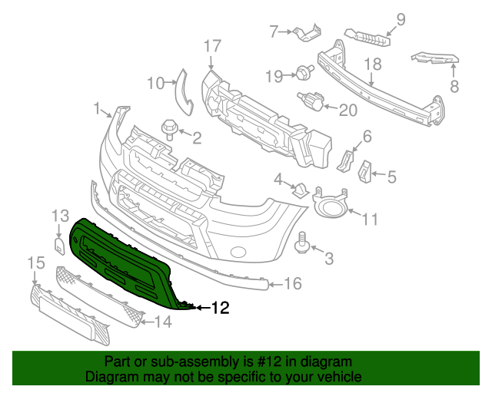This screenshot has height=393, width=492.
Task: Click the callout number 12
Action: pyautogui.click(x=220, y=309)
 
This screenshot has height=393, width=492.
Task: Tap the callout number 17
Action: pyautogui.click(x=213, y=46)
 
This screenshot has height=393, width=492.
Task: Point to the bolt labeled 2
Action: pyautogui.click(x=168, y=127)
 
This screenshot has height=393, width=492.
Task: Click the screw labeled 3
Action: pyautogui.click(x=302, y=243)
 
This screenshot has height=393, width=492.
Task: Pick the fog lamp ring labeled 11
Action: pyautogui.click(x=331, y=206)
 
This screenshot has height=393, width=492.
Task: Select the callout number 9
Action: pyautogui.click(x=400, y=19)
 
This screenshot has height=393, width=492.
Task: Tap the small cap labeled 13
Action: pyautogui.click(x=58, y=245)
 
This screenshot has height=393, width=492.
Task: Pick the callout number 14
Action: pyautogui.click(x=164, y=323)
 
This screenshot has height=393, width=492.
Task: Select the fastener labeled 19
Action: pyautogui.click(x=304, y=74)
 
